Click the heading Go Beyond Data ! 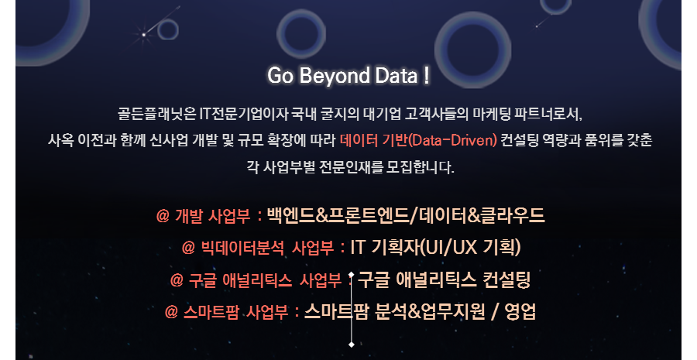tap(348, 76)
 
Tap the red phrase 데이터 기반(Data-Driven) tap(418, 140)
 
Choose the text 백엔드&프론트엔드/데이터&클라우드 tap(405, 215)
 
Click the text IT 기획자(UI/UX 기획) tap(435, 247)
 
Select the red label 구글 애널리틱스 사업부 tap(266, 280)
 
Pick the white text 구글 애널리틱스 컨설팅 tap(444, 279)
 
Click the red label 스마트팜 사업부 tap(235, 312)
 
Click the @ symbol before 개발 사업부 tap(163, 217)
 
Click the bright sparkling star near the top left tap(143, 34)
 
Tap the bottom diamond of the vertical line tap(351, 345)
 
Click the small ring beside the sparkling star tap(167, 30)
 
